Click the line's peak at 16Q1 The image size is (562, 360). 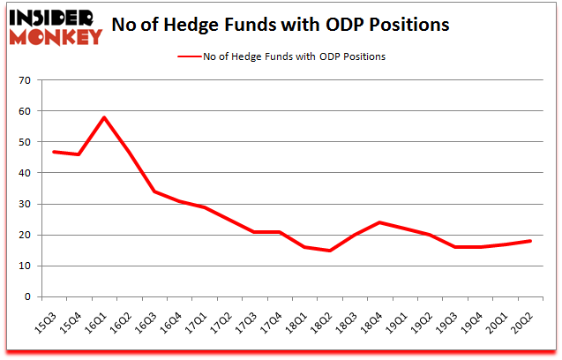[x=104, y=117]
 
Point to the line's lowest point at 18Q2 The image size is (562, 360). [x=329, y=251]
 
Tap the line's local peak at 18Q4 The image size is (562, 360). [x=379, y=222]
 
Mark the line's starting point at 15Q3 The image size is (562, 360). [x=54, y=152]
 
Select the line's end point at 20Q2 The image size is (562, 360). [x=529, y=241]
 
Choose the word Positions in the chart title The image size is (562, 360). [x=408, y=25]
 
